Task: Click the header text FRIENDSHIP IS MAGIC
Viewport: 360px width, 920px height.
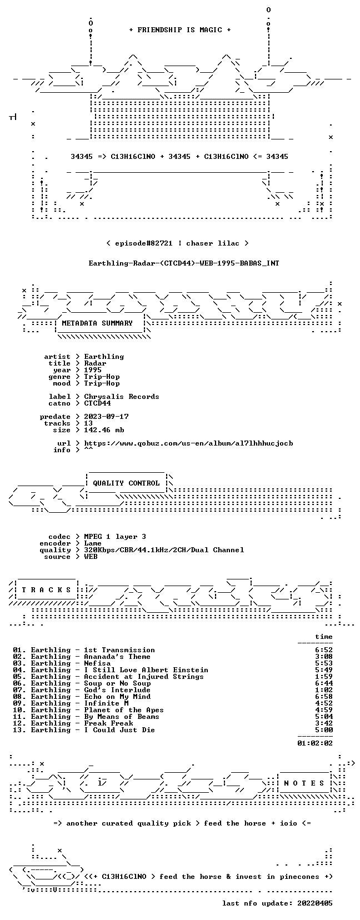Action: coord(180,30)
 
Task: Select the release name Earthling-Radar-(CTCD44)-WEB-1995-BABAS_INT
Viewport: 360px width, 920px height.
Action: coord(184,263)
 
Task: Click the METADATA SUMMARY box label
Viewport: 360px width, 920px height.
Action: coord(97,323)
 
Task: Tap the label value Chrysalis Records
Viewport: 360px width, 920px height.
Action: coord(122,397)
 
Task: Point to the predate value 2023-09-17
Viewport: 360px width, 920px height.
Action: coord(106,417)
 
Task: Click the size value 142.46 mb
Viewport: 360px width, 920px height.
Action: coord(104,430)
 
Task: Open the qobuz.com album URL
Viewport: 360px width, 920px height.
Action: coord(188,443)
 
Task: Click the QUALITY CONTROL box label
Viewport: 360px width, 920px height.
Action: coord(126,483)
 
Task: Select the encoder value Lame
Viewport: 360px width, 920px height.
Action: coord(93,543)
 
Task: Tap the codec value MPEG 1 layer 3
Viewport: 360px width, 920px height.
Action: coord(115,537)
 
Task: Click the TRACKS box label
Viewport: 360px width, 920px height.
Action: coord(46,590)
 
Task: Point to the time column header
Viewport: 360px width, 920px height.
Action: coord(324,637)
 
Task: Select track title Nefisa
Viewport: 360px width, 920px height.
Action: coord(97,663)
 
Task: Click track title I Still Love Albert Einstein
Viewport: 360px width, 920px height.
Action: coord(146,670)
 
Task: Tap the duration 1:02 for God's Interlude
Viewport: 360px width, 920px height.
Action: coord(324,690)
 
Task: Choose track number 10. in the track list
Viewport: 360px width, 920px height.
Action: coord(19,710)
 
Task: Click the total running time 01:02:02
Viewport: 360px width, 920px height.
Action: coord(315,743)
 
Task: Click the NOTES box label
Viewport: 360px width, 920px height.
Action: coord(304,783)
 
